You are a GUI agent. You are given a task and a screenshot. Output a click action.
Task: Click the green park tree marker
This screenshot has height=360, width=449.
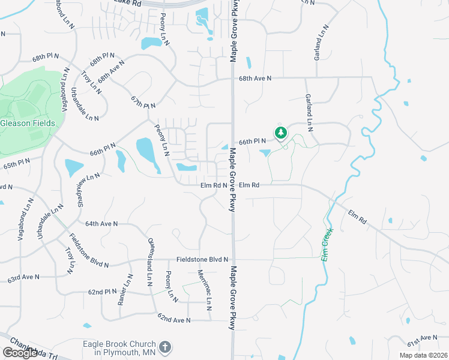tap(280, 133)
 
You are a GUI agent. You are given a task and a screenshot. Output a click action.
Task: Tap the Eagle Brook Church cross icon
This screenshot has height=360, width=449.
tap(164, 347)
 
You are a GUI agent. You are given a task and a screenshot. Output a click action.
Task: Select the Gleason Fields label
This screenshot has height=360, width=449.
tap(28, 123)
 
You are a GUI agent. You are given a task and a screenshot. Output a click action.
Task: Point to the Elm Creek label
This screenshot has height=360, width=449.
tap(327, 242)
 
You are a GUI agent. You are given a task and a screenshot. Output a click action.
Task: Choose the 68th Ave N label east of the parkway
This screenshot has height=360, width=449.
tap(255, 78)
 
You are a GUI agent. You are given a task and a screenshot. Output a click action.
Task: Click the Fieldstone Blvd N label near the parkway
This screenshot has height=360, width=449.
tap(202, 259)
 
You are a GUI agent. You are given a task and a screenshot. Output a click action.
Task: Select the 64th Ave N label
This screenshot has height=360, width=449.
tap(101, 223)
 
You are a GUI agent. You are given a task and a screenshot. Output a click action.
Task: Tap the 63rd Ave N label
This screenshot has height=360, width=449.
tap(23, 278)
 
